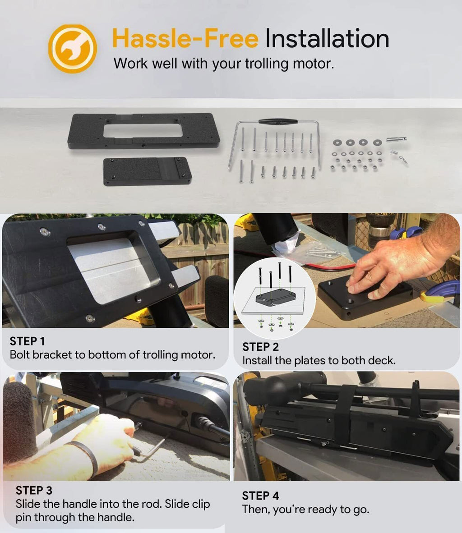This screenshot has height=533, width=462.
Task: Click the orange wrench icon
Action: [x=73, y=49]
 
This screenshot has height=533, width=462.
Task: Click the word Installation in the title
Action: [x=327, y=38]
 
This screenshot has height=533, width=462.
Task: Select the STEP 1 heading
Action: [x=27, y=341]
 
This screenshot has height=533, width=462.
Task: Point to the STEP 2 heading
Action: [x=260, y=347]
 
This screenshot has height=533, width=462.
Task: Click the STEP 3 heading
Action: [x=34, y=491]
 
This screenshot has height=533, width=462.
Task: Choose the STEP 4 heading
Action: [x=260, y=496]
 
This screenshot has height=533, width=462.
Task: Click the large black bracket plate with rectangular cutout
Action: [x=143, y=131]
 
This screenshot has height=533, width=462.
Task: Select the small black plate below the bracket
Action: [x=148, y=171]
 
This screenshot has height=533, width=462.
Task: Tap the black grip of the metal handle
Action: [x=278, y=121]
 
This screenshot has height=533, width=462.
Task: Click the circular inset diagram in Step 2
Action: [x=275, y=298]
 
